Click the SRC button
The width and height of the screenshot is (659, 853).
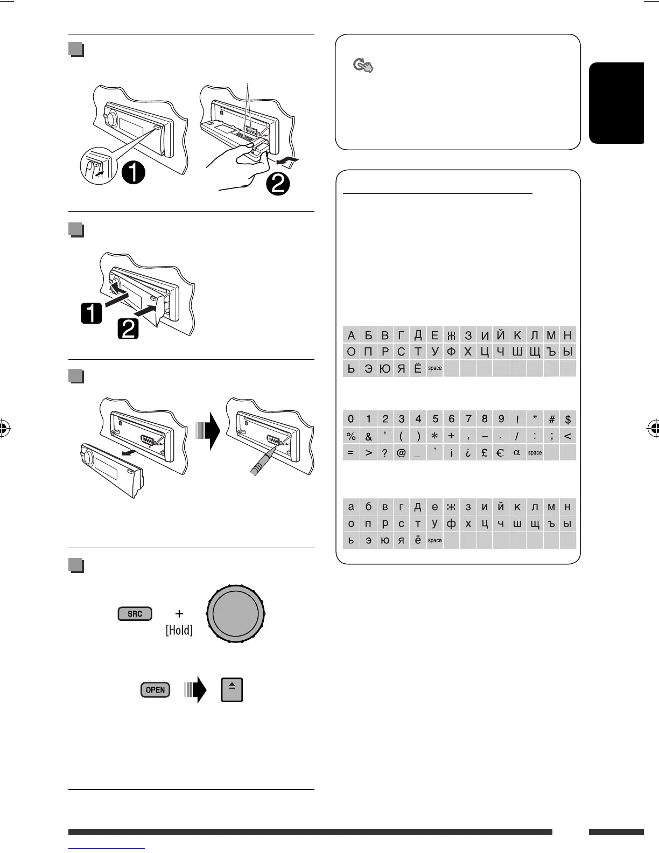(135, 614)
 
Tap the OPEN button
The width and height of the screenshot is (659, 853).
(155, 690)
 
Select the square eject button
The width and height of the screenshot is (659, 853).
(232, 690)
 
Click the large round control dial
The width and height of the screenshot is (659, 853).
(236, 614)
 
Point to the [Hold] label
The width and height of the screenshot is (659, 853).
(179, 630)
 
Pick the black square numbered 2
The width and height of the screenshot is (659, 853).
(128, 328)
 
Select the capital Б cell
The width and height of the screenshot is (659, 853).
(368, 335)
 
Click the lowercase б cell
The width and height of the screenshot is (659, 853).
(368, 507)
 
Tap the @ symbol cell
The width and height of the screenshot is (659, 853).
(401, 453)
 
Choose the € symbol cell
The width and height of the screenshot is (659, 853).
(500, 453)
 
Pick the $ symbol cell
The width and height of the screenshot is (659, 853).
(567, 419)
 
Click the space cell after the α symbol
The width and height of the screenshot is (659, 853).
(535, 453)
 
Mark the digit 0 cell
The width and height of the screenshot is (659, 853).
(351, 419)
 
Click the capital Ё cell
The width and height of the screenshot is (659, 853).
(418, 369)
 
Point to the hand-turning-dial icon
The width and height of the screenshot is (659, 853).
(363, 66)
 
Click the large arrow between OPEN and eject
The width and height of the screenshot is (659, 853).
(196, 690)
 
